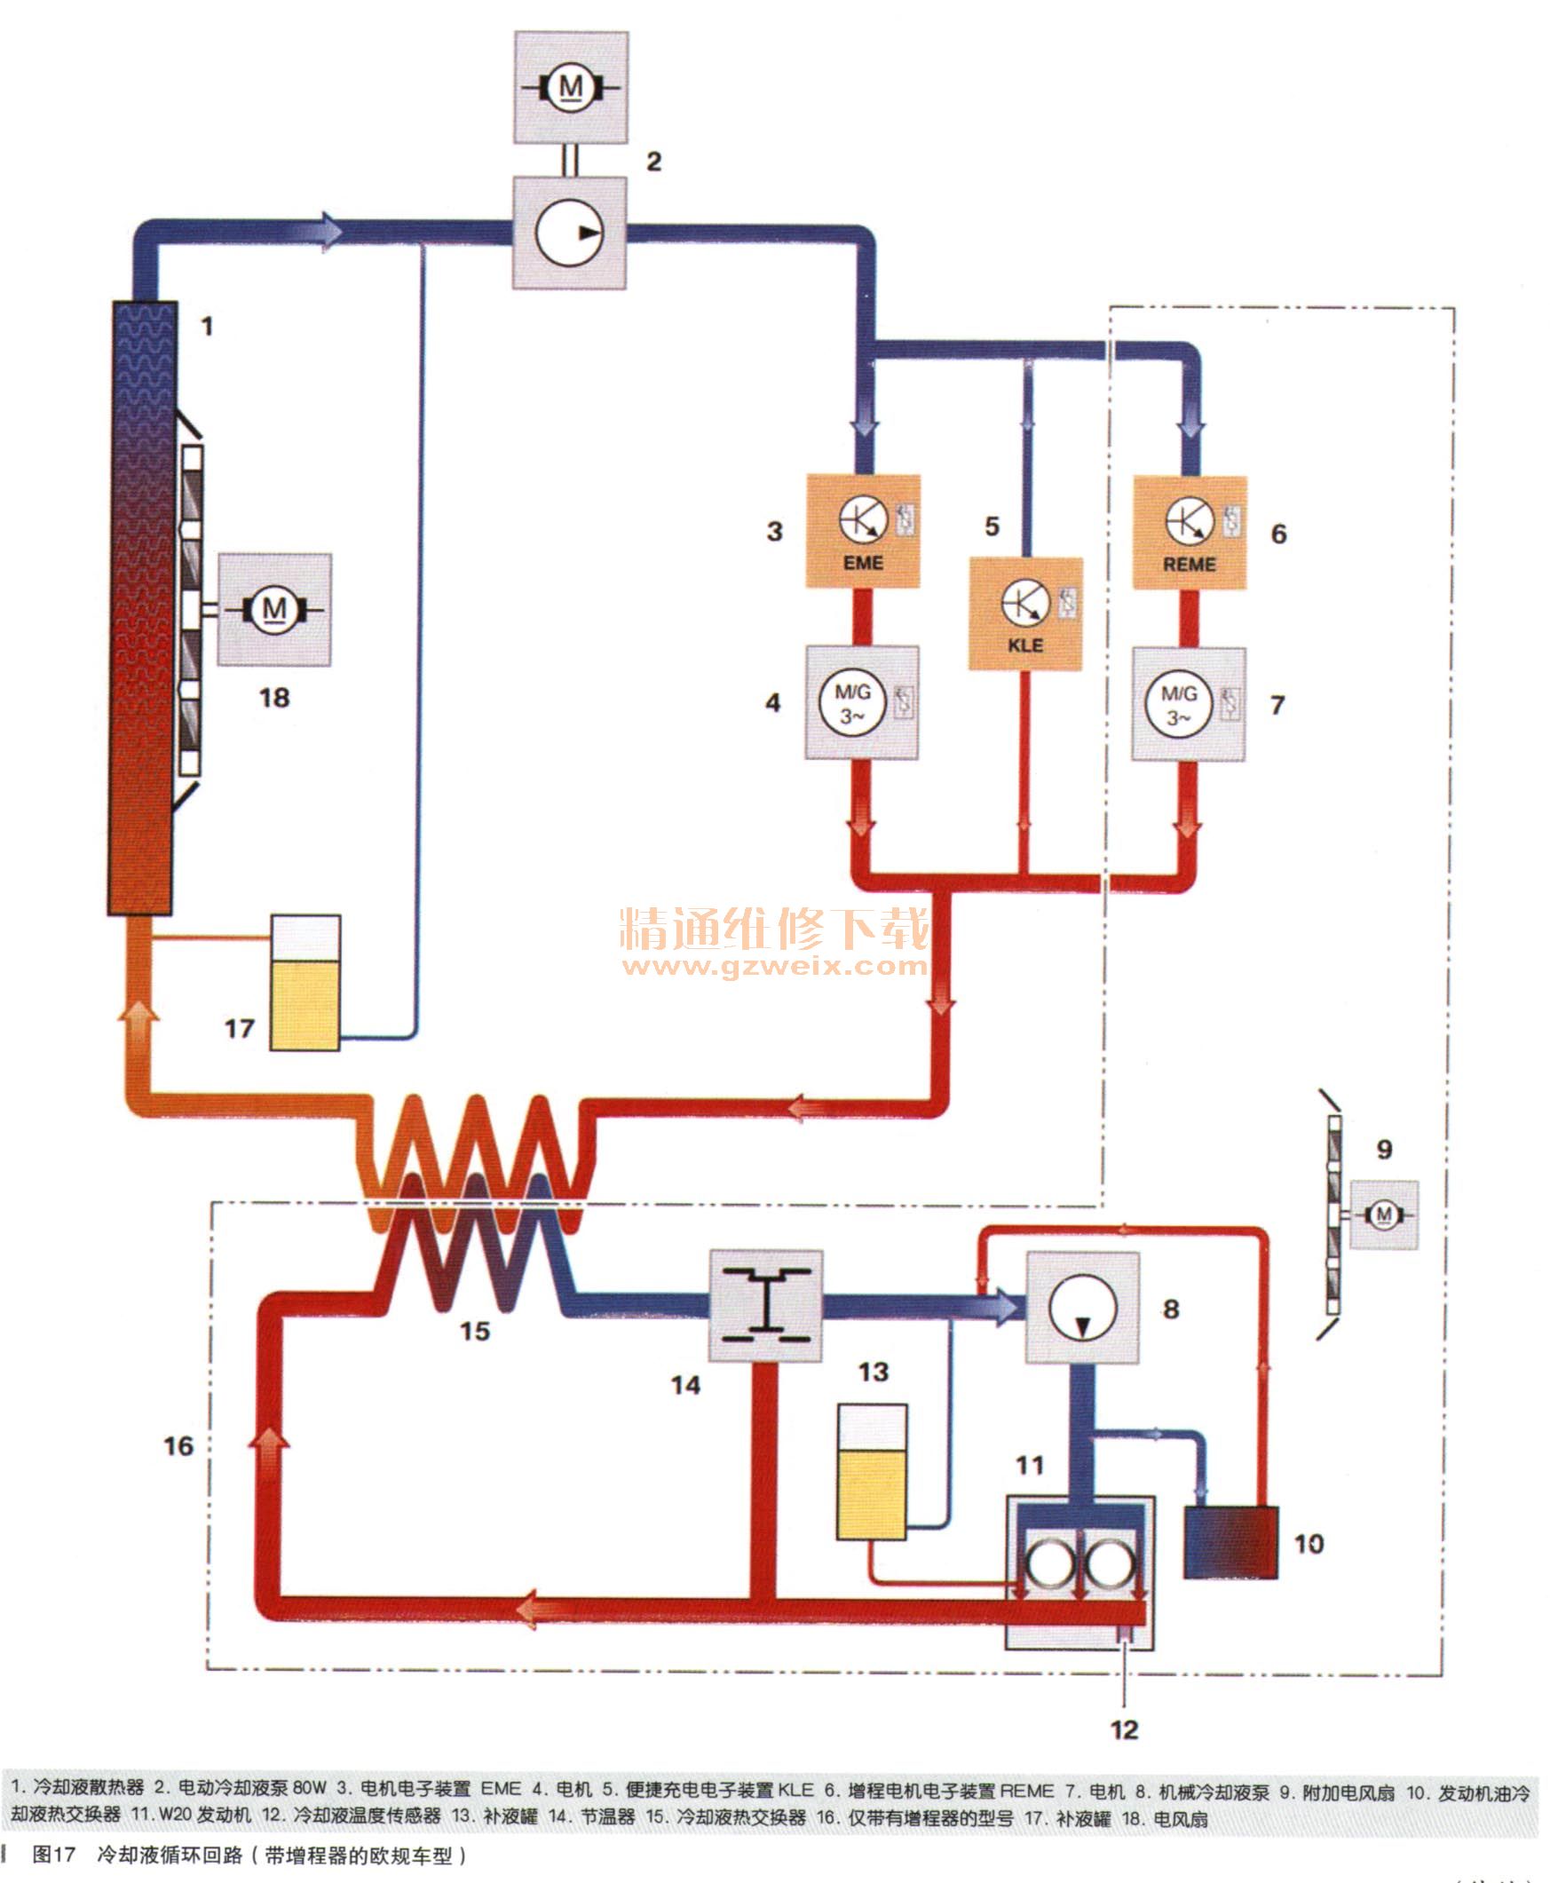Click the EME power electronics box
(x=863, y=531)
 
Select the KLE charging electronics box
(x=1025, y=614)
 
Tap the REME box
(x=1190, y=533)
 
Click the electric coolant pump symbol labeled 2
(x=570, y=233)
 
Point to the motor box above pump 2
(x=571, y=88)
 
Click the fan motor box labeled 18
(x=274, y=610)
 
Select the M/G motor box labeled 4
(x=862, y=702)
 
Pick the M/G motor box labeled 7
(x=1189, y=704)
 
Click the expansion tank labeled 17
(x=305, y=982)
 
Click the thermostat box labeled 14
(x=765, y=1306)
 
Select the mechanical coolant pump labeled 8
(x=1082, y=1308)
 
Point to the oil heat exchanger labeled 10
(x=1230, y=1542)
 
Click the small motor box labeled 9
(x=1384, y=1214)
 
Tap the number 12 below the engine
(x=1124, y=1730)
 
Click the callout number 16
(x=178, y=1446)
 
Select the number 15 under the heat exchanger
(x=475, y=1331)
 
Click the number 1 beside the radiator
(x=207, y=327)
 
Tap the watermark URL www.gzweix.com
(x=774, y=966)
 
